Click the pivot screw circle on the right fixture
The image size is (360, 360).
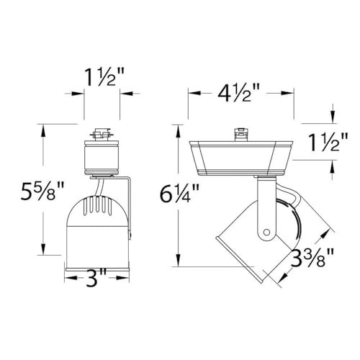267,233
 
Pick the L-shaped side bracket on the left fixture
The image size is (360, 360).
127,209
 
